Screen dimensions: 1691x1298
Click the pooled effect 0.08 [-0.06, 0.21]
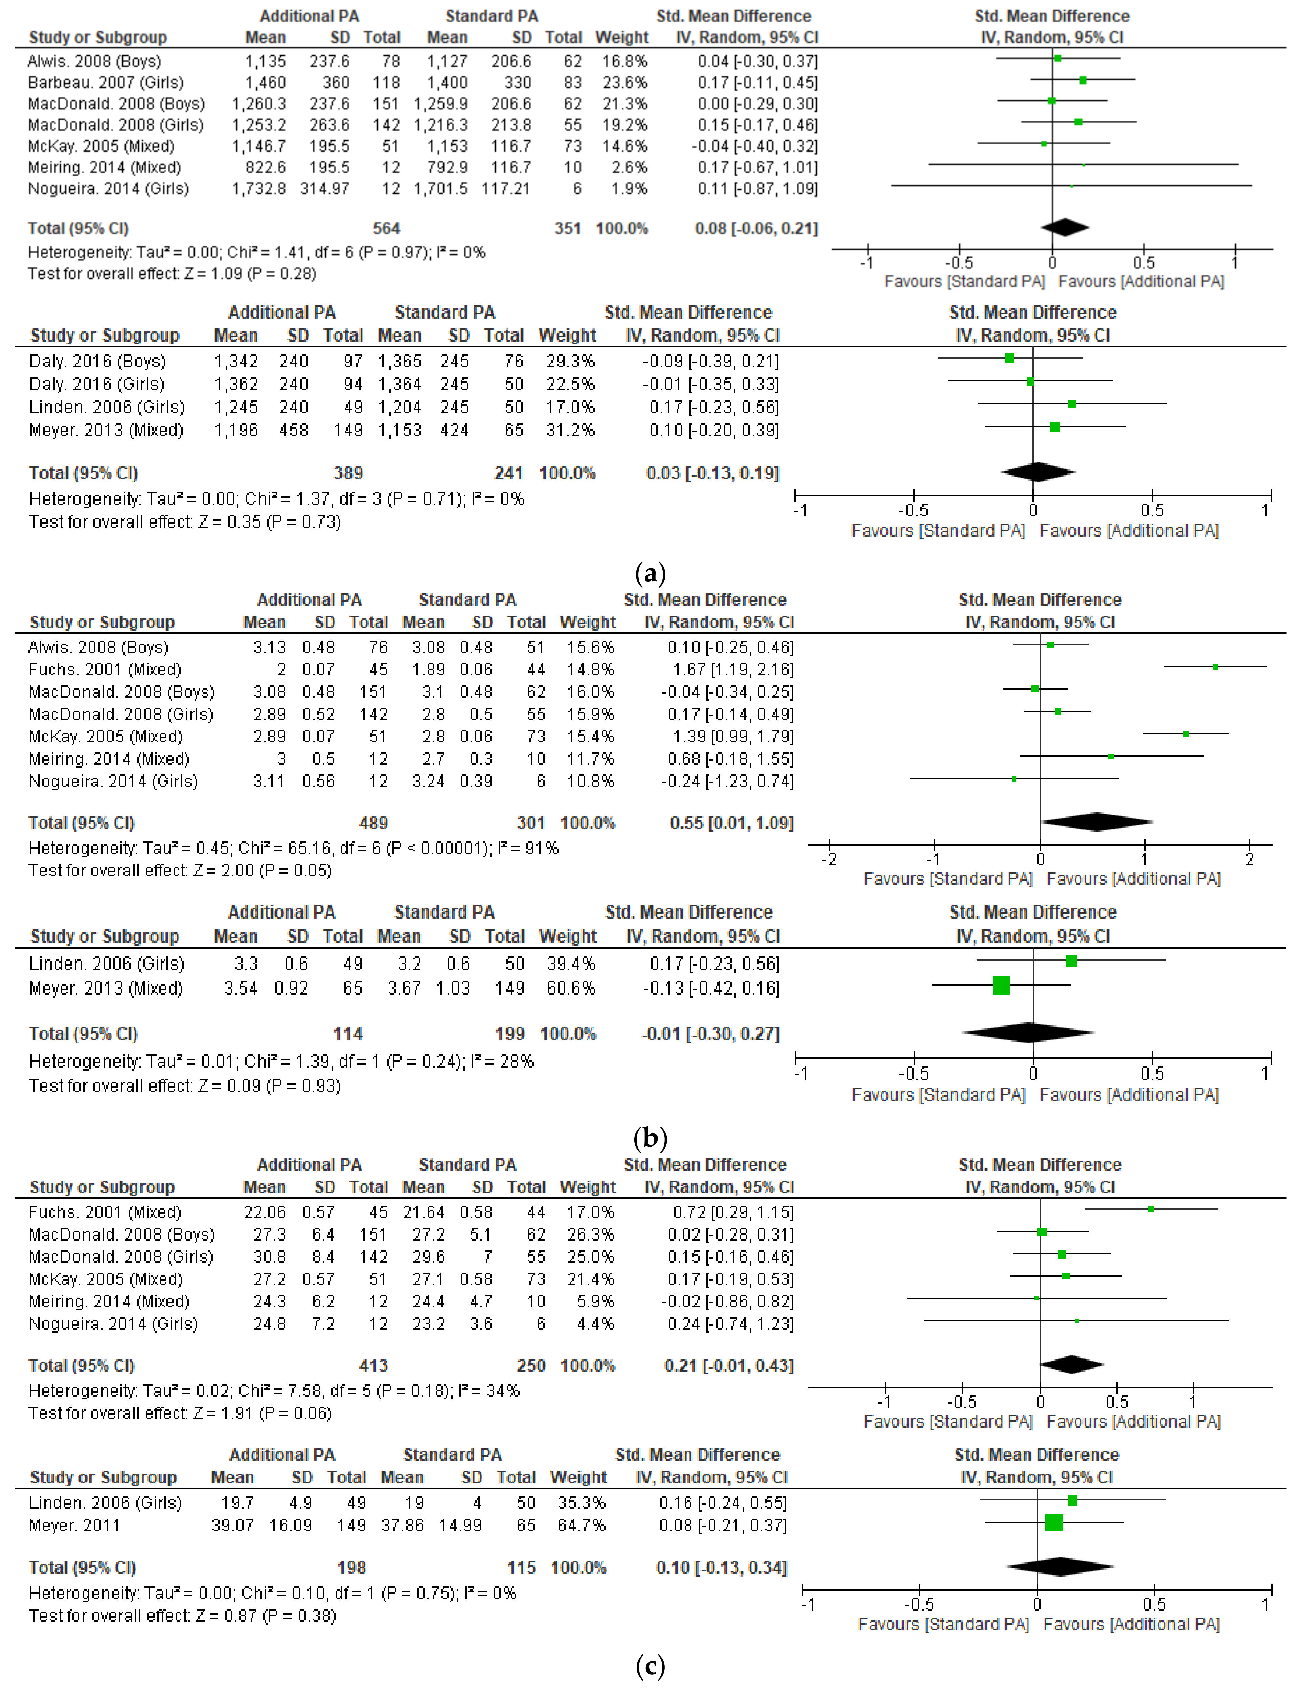pos(756,228)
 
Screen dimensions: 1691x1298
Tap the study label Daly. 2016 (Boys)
pos(97,361)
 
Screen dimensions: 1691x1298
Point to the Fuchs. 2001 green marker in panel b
pos(1215,667)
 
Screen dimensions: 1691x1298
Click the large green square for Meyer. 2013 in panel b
pos(1001,986)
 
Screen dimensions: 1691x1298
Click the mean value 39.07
pos(232,1526)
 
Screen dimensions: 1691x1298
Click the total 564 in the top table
pos(386,228)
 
